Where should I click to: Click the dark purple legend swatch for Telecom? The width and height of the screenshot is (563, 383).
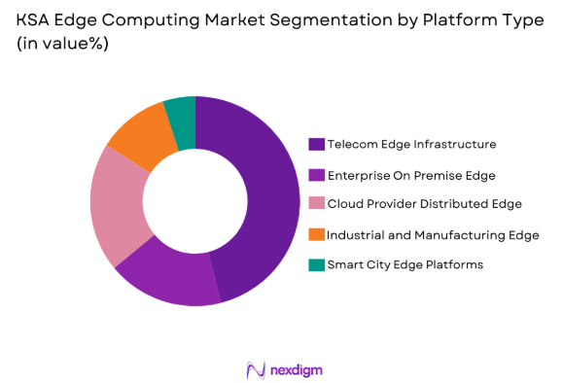coord(316,144)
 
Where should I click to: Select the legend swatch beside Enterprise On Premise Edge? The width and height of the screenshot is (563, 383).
coord(316,174)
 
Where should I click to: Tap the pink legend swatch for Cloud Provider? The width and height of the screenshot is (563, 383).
coord(316,204)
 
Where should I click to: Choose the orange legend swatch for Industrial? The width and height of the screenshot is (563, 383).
coord(316,234)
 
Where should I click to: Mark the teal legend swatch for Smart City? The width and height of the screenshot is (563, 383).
coord(316,264)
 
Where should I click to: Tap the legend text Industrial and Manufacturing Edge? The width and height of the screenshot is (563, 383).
coord(433,234)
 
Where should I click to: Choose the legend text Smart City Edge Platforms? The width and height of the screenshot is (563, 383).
coord(405,264)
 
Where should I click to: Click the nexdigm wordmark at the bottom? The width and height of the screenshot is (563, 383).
coord(296,369)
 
